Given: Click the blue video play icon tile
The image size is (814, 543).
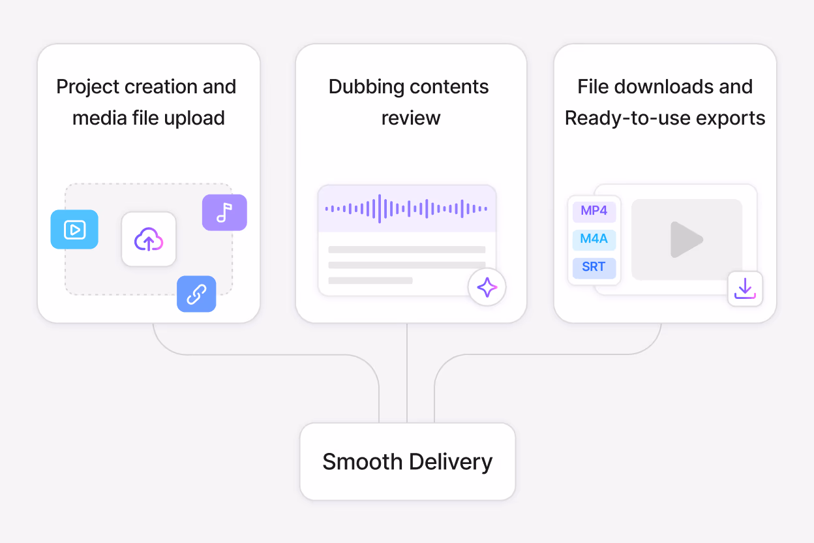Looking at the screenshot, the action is (x=74, y=230).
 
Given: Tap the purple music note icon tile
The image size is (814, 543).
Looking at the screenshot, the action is (x=224, y=212).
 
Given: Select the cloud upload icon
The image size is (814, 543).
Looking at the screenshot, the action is (x=149, y=240).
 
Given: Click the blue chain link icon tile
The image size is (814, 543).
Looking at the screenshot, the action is (x=196, y=294).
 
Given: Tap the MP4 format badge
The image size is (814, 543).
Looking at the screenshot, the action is (x=594, y=211).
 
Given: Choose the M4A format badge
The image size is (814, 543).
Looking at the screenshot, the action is (x=594, y=239).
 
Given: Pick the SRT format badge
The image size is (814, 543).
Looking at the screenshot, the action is (x=594, y=267).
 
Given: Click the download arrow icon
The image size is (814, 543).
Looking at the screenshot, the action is (x=745, y=288).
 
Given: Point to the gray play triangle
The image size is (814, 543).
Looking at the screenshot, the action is (x=686, y=240).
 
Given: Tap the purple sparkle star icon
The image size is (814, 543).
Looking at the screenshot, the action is (x=487, y=287).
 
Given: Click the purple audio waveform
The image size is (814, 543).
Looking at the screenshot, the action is (x=406, y=209).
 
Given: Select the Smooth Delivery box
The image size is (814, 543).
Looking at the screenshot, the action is (x=408, y=461).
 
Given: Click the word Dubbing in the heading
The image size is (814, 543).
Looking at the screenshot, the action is (x=367, y=87).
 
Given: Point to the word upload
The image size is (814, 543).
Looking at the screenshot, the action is (x=194, y=119).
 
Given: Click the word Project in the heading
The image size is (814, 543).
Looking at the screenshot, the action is (x=87, y=87).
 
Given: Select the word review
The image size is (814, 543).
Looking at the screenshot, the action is (x=411, y=119).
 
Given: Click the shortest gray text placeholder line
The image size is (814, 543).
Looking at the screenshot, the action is (x=370, y=281).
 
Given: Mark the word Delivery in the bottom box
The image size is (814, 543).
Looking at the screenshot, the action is (x=451, y=462).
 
